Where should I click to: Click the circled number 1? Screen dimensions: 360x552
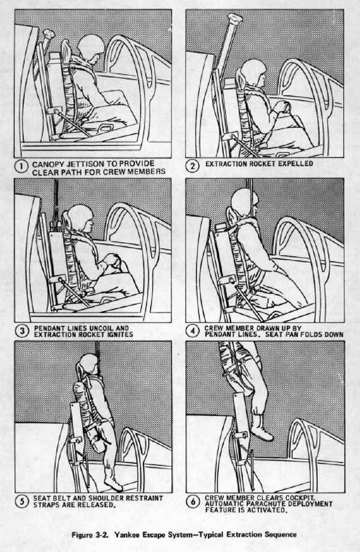(x=21, y=167)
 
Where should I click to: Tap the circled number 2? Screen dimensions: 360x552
(x=192, y=166)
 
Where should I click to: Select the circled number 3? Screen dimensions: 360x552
(x=22, y=331)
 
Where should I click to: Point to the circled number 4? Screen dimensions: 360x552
(x=193, y=331)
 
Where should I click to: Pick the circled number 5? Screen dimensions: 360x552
(x=22, y=501)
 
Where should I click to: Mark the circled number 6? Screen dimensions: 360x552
(x=193, y=502)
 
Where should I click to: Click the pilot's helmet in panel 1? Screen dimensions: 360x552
(x=91, y=47)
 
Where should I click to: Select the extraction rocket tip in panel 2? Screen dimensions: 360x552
(x=235, y=19)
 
